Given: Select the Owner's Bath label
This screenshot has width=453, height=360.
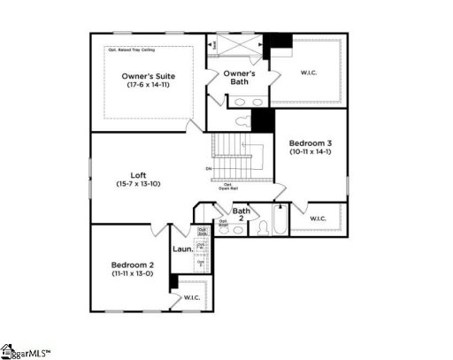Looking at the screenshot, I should coord(239,78).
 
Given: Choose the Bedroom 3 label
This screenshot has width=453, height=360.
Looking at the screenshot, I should coord(311,142).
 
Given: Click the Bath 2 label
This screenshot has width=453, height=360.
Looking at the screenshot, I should coord(241,215).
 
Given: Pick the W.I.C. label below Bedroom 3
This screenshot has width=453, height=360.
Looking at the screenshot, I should coord(318,218).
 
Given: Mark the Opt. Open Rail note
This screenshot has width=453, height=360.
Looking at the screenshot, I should coord(231,187).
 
